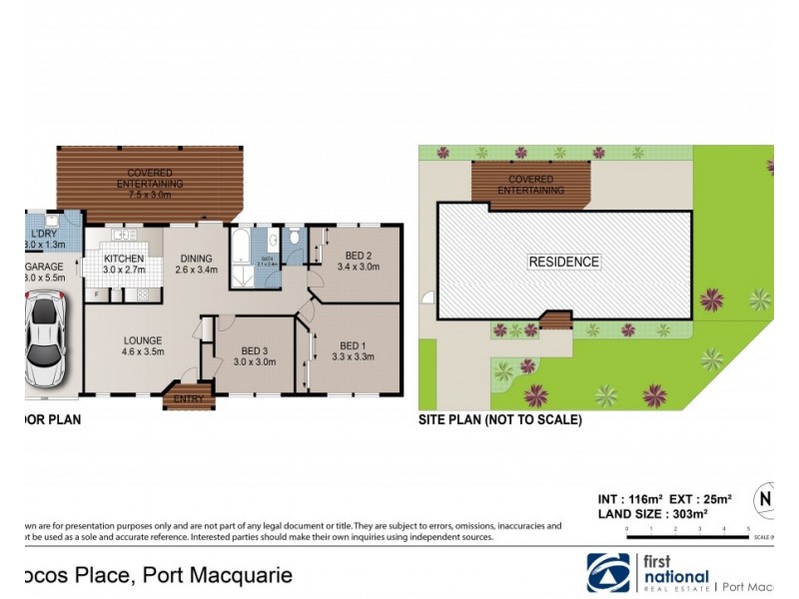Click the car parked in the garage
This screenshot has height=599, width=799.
tap(46, 341)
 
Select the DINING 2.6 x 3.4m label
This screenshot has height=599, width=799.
tap(196, 264)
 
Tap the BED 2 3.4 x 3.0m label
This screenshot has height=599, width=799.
tap(357, 261)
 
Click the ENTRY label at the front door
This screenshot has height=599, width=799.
tap(188, 399)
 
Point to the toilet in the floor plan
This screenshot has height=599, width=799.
tap(295, 240)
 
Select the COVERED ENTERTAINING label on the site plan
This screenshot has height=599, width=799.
tap(530, 185)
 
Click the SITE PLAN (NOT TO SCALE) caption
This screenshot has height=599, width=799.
tap(499, 420)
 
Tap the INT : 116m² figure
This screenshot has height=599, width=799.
tap(625, 497)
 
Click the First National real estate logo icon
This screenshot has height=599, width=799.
tap(608, 572)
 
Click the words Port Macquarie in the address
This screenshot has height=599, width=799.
tap(219, 576)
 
